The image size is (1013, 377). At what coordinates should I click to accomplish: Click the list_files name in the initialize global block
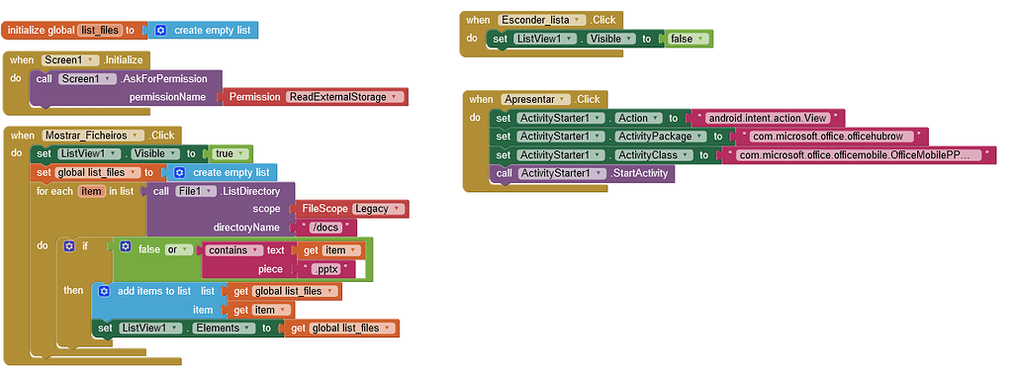click(99, 31)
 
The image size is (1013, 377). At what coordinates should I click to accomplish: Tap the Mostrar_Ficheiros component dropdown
click(94, 135)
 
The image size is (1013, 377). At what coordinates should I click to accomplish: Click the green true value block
click(229, 153)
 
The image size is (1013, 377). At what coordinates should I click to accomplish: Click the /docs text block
click(323, 227)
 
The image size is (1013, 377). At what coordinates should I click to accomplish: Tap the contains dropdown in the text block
click(232, 250)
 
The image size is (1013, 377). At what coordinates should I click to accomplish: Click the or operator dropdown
click(177, 250)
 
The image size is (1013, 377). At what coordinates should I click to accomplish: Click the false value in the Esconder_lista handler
click(688, 39)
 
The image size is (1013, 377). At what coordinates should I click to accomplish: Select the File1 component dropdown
click(195, 190)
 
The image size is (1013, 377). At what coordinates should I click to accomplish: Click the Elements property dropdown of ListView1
click(221, 328)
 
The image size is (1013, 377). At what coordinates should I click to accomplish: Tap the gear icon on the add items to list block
click(104, 291)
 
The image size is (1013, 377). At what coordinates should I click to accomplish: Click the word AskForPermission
click(167, 78)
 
